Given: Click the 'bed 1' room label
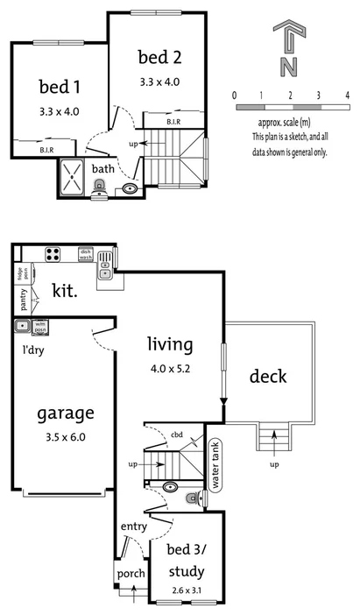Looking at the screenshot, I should pyautogui.click(x=59, y=87).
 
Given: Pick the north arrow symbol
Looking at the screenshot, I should pyautogui.click(x=289, y=49).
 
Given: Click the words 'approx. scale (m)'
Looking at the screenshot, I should pyautogui.click(x=289, y=124).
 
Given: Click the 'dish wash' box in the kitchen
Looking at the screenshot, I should pyautogui.click(x=86, y=254).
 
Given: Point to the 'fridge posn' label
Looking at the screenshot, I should pyautogui.click(x=19, y=275).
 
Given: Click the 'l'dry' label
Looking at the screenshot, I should pyautogui.click(x=34, y=349).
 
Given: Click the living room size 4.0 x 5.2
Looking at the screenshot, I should pyautogui.click(x=170, y=369).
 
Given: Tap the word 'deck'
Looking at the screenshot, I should pyautogui.click(x=268, y=378).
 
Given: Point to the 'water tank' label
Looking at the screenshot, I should pyautogui.click(x=214, y=465).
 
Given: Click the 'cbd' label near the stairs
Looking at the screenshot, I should pyautogui.click(x=175, y=435).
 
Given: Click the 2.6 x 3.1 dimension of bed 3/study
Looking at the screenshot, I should pyautogui.click(x=184, y=591).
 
